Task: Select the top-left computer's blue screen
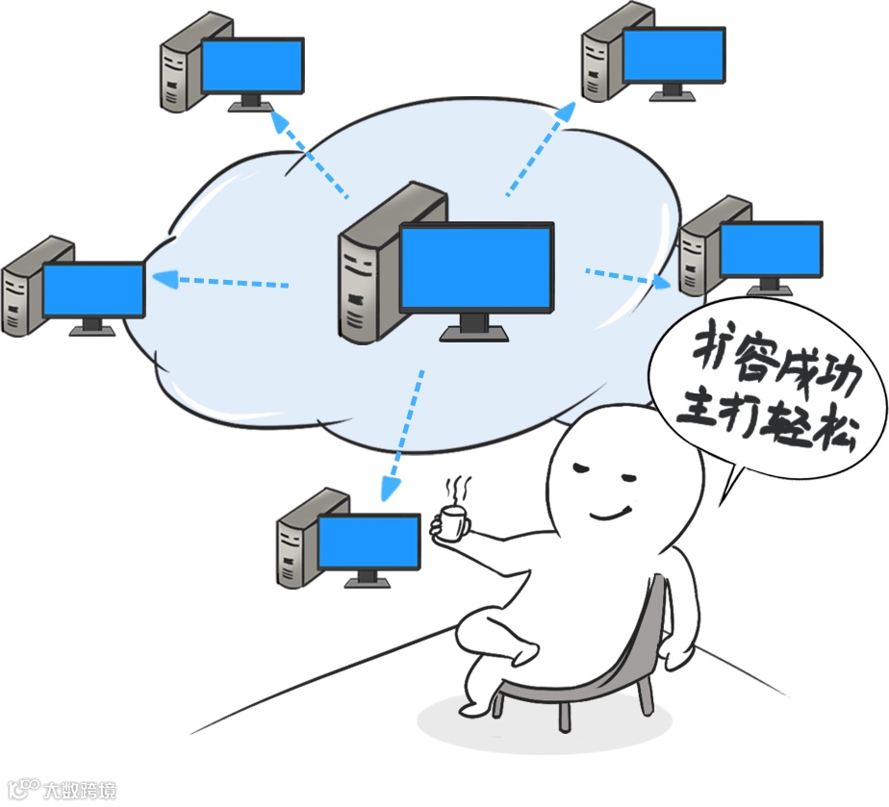[x=253, y=65]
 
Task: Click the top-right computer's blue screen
[x=673, y=55]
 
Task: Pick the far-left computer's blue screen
[x=93, y=290]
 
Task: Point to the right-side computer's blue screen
[x=771, y=249]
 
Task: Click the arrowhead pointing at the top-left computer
[x=278, y=119]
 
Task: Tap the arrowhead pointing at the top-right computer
[x=565, y=111]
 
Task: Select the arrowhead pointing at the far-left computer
[x=164, y=279]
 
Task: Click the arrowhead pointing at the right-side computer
[x=663, y=282]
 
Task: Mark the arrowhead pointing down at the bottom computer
[x=389, y=489]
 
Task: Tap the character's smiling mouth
[x=610, y=511]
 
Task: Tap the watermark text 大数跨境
[x=79, y=791]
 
